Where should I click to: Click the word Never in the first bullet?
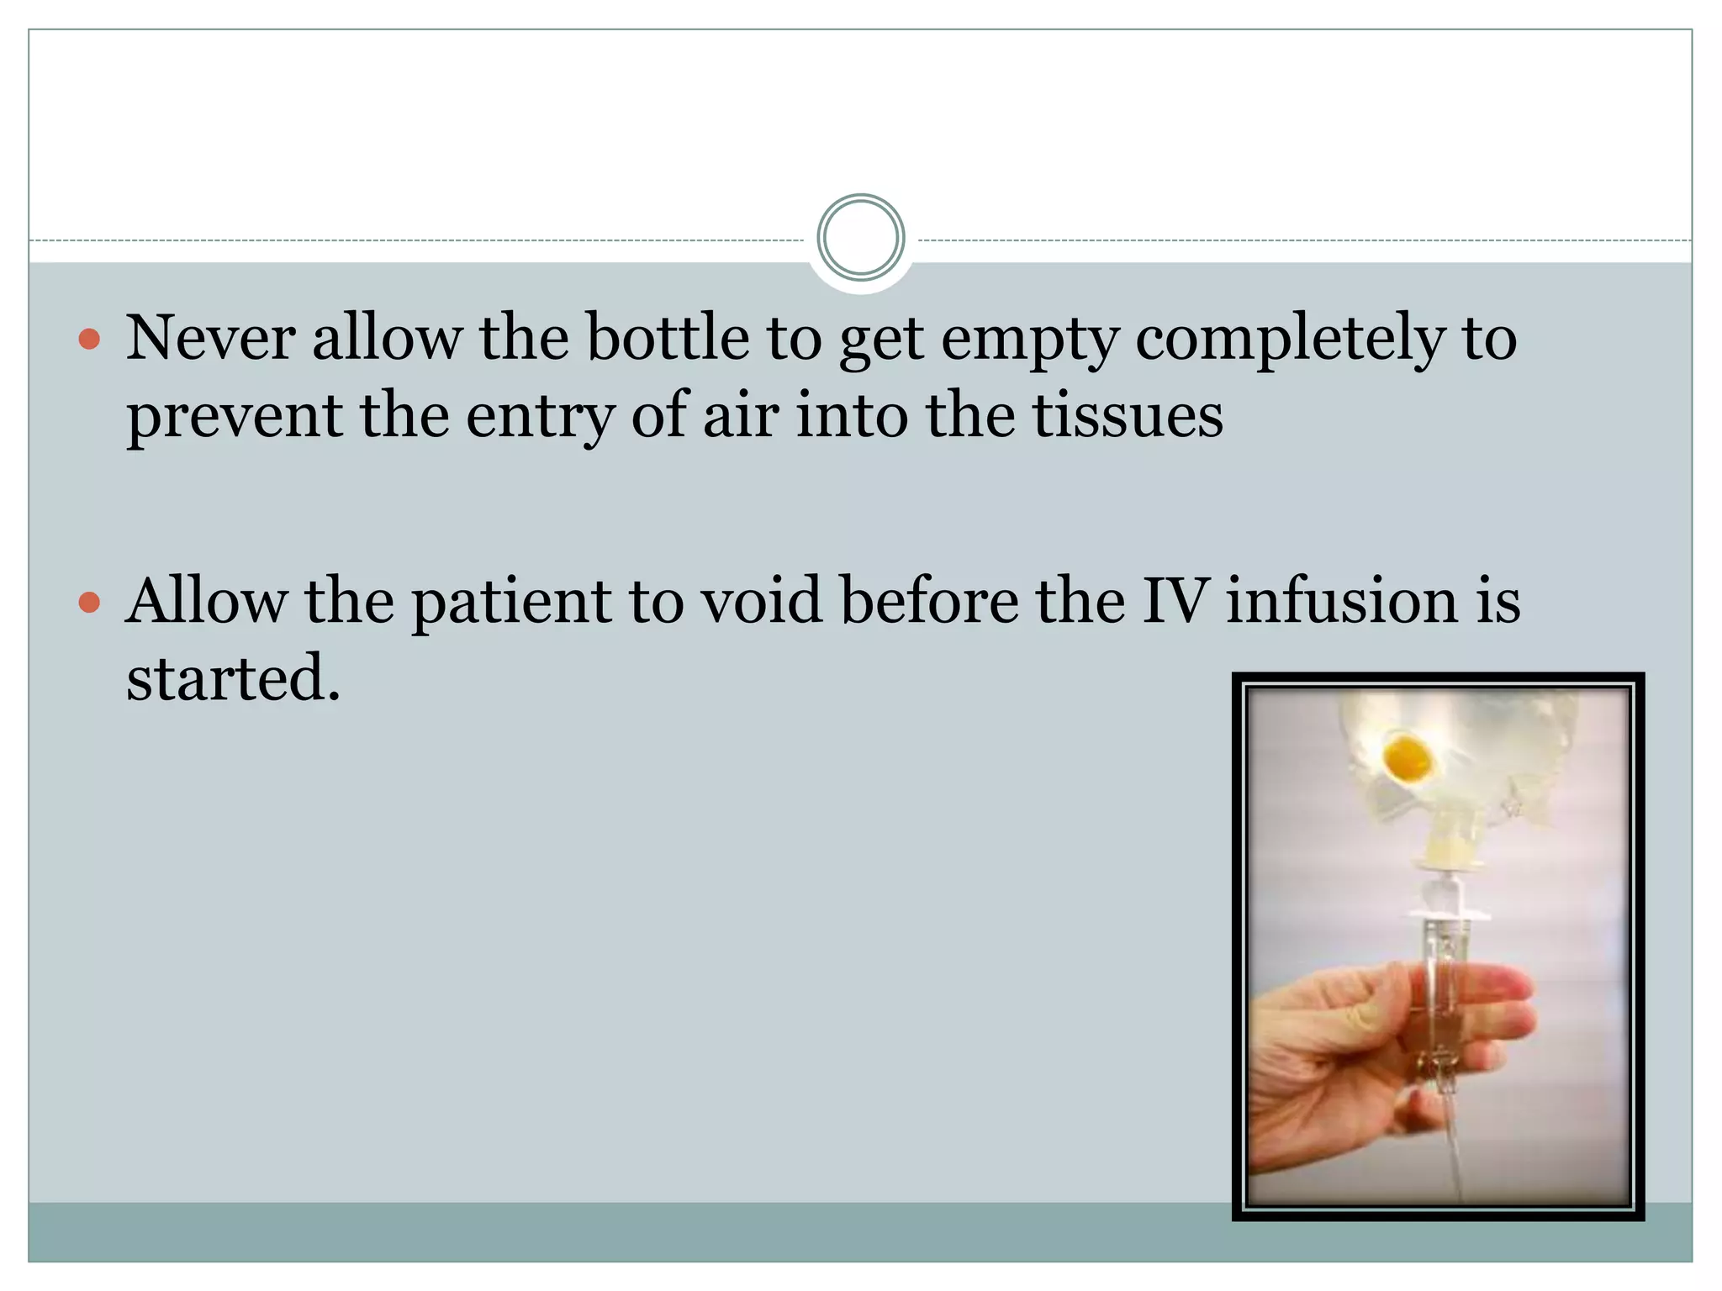pyautogui.click(x=210, y=338)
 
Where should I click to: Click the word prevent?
pyautogui.click(x=234, y=417)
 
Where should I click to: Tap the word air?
pyautogui.click(x=740, y=415)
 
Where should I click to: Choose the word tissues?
pyautogui.click(x=1127, y=415)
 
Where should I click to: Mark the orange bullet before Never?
pyautogui.click(x=89, y=340)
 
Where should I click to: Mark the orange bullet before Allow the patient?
pyautogui.click(x=89, y=602)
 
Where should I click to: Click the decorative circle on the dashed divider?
pyautogui.click(x=860, y=238)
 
